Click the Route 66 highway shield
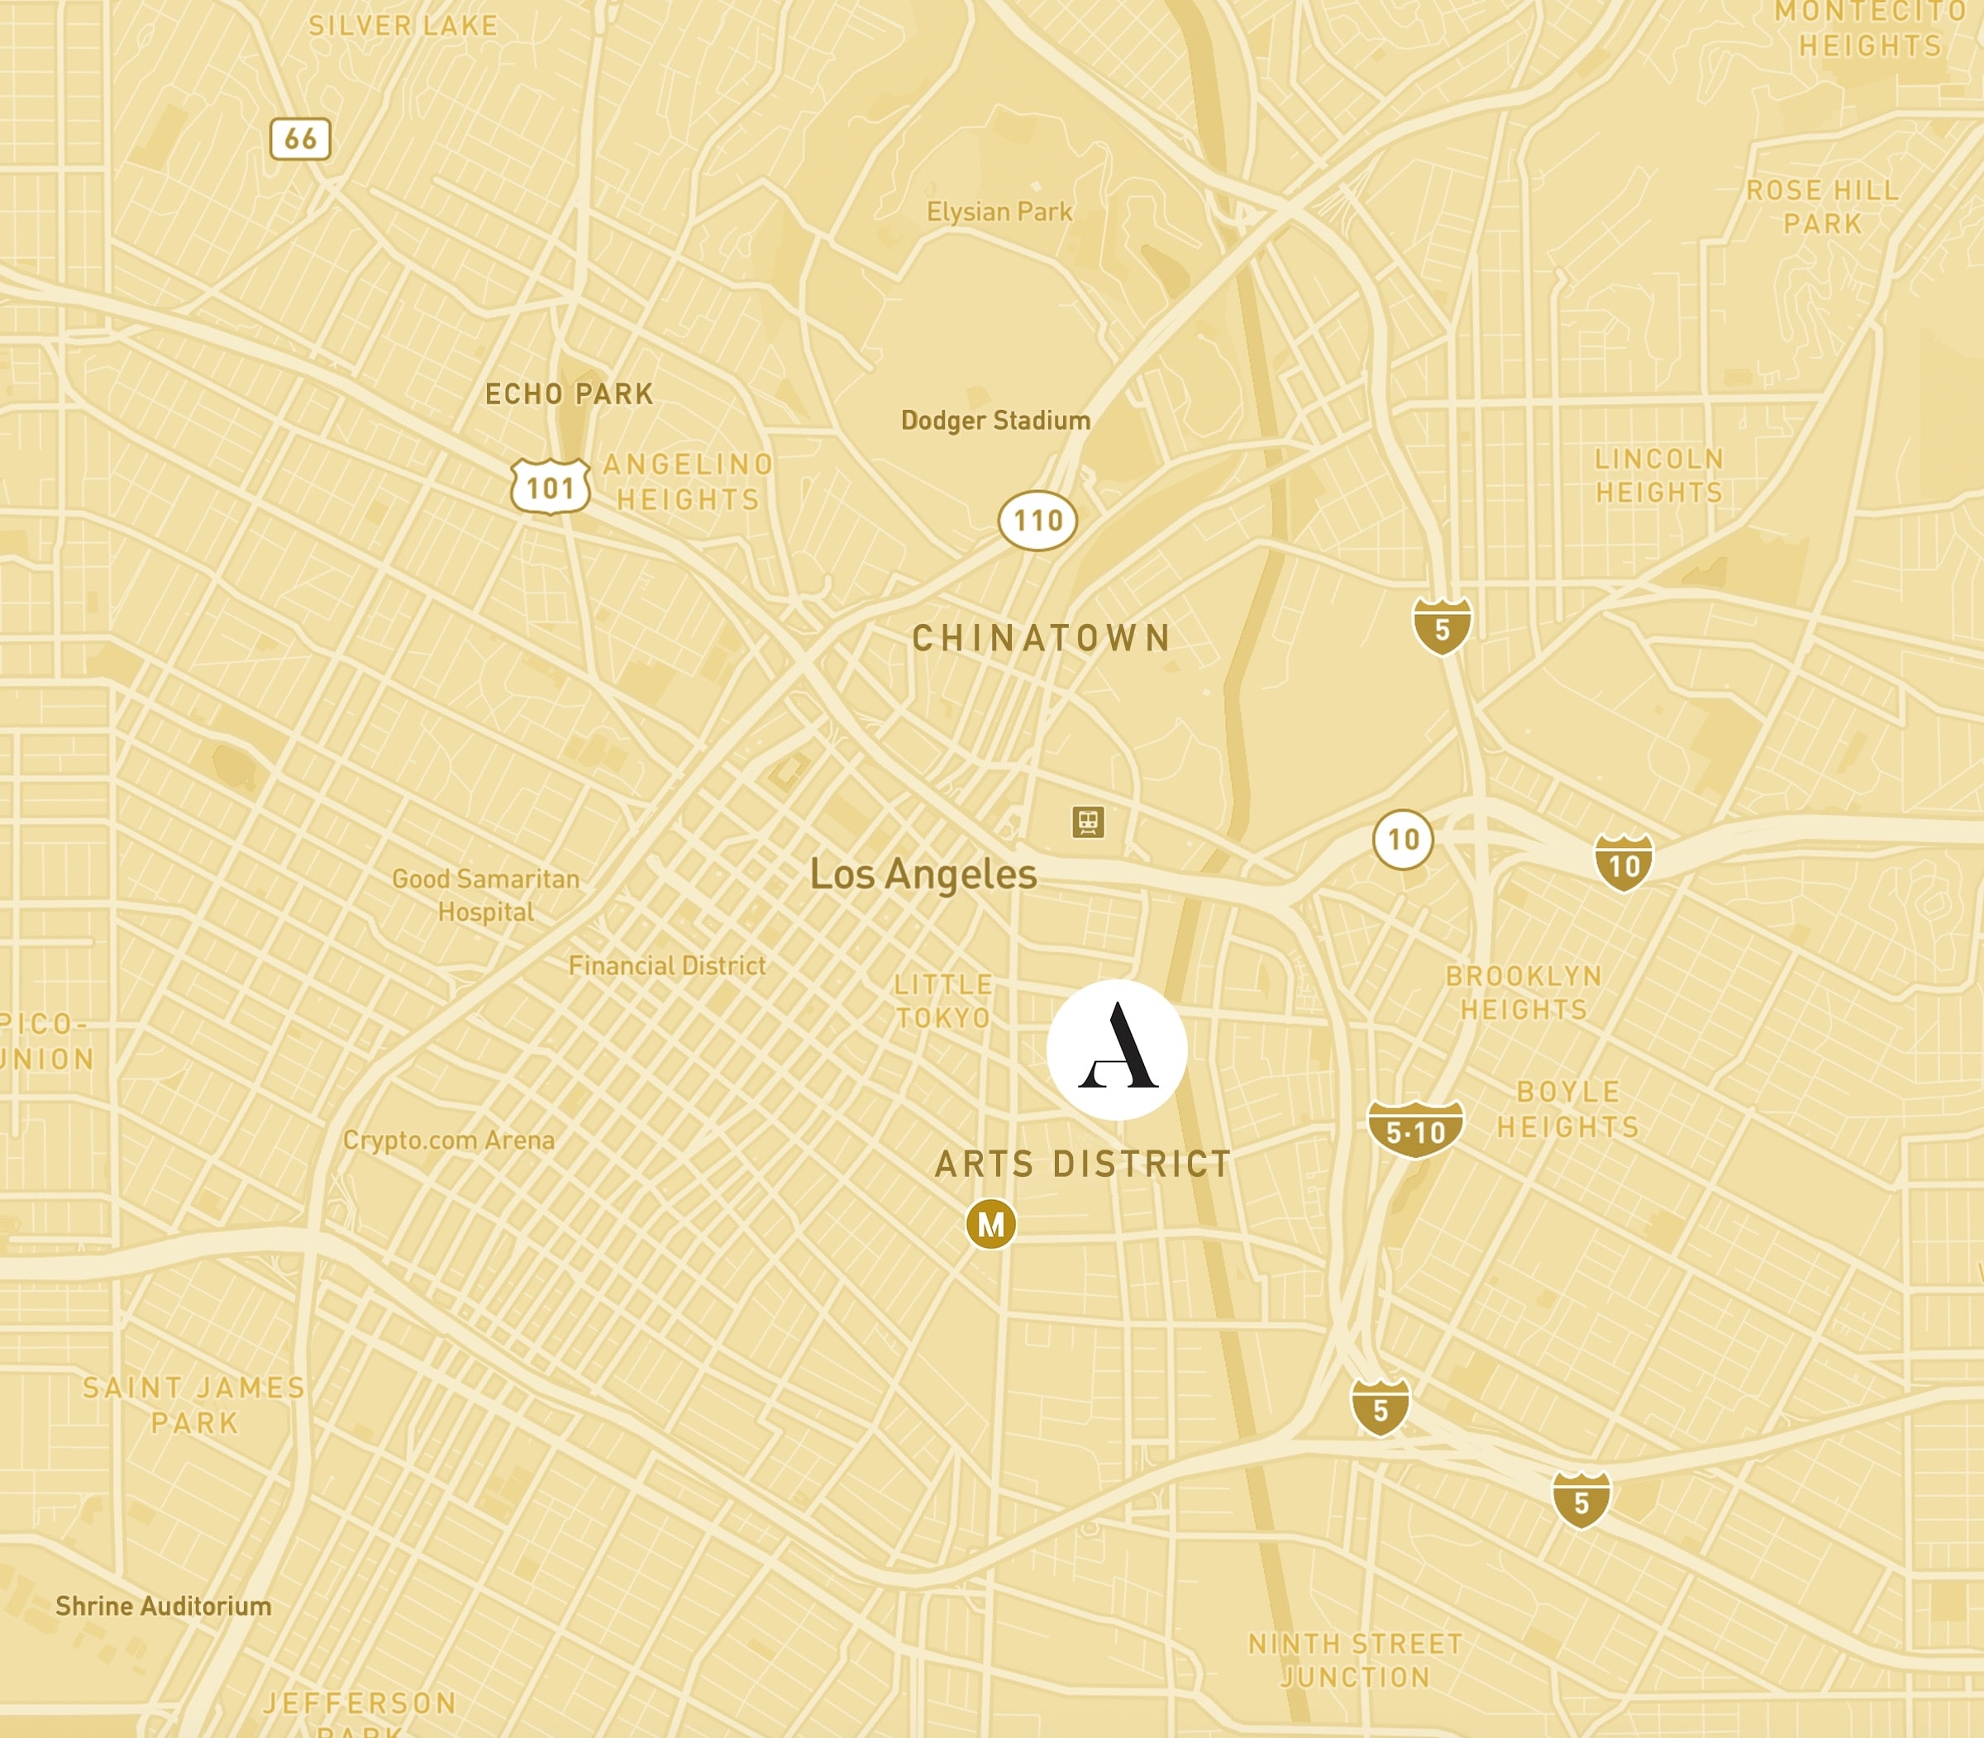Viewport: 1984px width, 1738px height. [300, 139]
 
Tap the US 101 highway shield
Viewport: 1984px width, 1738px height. [550, 486]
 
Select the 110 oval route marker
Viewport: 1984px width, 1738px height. [1037, 521]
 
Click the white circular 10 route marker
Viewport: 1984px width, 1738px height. [1403, 839]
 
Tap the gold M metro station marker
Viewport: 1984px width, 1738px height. [990, 1225]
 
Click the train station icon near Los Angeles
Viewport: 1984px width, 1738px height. [1089, 821]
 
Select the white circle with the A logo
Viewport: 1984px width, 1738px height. [1117, 1050]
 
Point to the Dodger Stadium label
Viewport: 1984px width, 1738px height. [995, 421]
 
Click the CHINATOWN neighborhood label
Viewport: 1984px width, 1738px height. [1042, 638]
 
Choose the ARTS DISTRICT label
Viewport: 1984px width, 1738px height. [1083, 1164]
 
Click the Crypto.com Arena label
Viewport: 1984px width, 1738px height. [448, 1140]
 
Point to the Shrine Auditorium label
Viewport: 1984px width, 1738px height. [163, 1606]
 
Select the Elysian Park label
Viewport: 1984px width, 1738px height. [999, 212]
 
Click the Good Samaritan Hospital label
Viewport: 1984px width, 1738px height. [485, 895]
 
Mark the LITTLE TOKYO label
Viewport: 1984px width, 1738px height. [943, 1001]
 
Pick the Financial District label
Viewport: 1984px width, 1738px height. [666, 966]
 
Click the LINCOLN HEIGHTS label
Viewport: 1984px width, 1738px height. [1659, 475]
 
